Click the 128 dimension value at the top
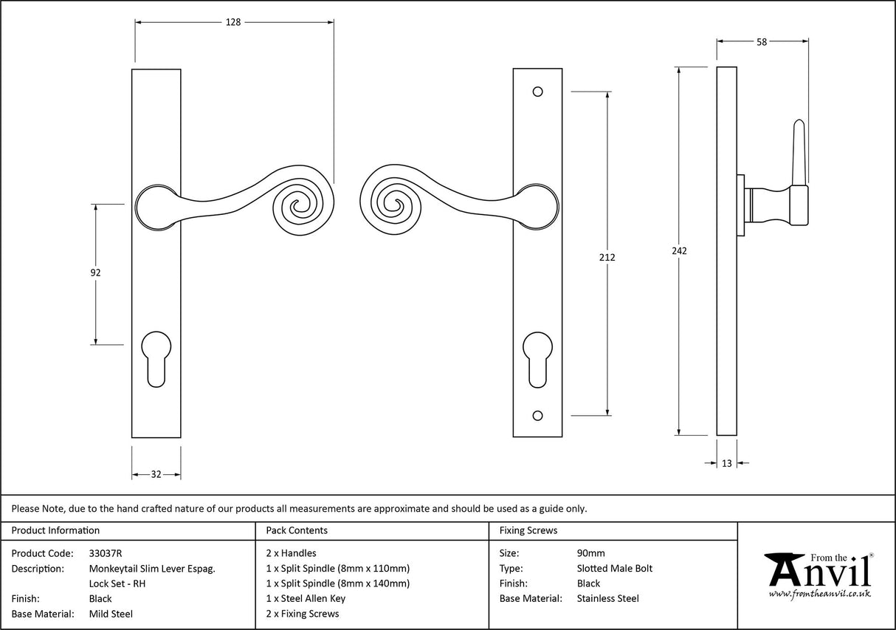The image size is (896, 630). (x=233, y=22)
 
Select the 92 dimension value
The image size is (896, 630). (x=95, y=273)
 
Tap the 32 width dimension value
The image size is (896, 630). (x=156, y=474)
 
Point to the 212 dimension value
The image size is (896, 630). (x=607, y=257)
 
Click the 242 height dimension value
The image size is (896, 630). (x=679, y=250)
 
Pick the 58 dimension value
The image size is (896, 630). (x=761, y=42)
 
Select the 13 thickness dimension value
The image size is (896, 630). (x=727, y=463)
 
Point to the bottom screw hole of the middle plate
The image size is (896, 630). (x=537, y=415)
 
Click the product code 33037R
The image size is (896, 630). (x=105, y=553)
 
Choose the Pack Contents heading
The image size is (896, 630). (x=297, y=530)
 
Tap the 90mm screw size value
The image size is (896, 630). (x=590, y=553)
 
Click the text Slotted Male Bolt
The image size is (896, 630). (x=614, y=568)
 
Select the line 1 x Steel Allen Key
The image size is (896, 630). (x=306, y=598)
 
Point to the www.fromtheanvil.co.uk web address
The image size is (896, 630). (x=819, y=593)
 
